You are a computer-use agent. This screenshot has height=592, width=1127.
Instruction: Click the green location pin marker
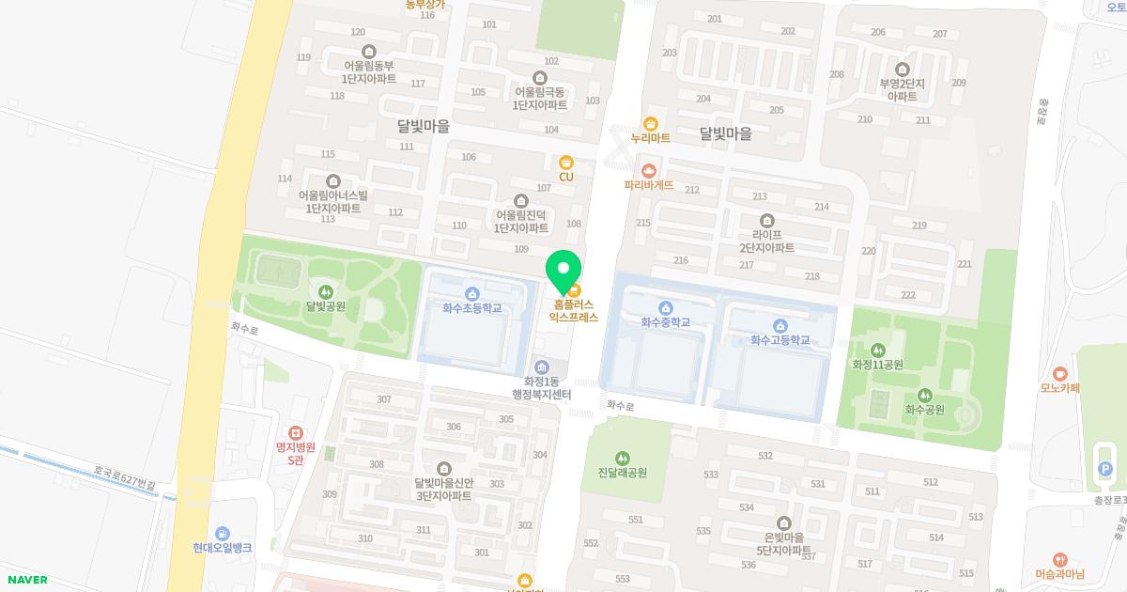coord(563,270)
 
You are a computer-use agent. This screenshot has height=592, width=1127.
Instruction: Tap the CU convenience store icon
coord(566,163)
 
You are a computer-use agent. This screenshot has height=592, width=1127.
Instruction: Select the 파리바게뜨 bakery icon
coord(648,170)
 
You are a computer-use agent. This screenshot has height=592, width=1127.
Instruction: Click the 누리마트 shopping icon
coord(650,123)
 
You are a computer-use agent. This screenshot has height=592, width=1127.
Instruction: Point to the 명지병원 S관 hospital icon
coord(296,432)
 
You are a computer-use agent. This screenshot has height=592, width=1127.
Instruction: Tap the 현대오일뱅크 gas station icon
coord(222,533)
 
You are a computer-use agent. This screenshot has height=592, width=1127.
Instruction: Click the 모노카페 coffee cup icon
coord(1060,373)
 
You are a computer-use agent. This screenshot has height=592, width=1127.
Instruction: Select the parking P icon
coord(1104,469)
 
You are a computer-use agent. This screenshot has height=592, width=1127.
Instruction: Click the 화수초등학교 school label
coord(472,307)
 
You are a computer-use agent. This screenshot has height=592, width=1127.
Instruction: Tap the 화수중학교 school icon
coord(666,307)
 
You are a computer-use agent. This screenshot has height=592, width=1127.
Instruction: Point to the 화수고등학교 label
coord(780,339)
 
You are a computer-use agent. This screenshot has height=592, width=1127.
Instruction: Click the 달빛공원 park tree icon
coord(326,291)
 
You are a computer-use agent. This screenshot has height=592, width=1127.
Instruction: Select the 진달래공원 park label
coord(622,473)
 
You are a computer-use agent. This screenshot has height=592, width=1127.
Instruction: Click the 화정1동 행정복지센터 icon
coord(541,366)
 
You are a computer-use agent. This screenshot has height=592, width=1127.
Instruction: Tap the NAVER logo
coord(25,580)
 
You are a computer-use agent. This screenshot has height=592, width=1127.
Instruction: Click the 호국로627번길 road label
coord(123,478)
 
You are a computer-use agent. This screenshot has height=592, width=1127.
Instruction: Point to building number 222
coord(907,295)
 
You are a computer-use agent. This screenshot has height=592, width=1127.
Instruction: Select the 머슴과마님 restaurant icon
coord(1060,559)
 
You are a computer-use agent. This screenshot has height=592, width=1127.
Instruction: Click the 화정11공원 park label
coord(877,365)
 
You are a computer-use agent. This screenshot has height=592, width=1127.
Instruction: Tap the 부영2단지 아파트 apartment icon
coord(903,70)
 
